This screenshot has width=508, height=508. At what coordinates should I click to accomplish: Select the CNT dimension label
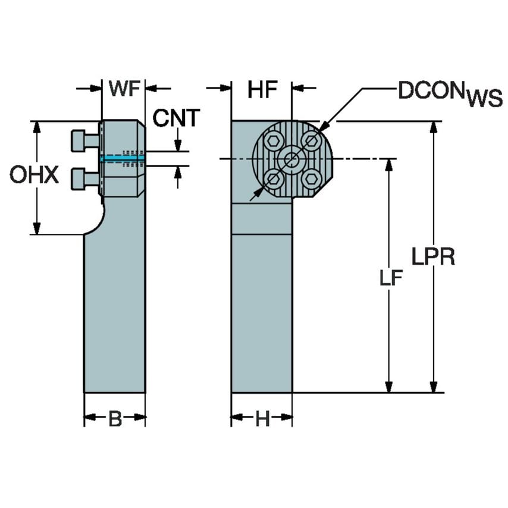click(176, 118)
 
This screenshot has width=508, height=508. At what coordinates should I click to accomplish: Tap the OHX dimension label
click(34, 175)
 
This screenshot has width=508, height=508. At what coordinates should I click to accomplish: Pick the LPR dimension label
click(434, 257)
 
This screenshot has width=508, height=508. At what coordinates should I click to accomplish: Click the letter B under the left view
click(115, 419)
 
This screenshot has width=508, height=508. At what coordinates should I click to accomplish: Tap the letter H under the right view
click(262, 419)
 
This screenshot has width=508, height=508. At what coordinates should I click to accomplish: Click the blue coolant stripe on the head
click(123, 158)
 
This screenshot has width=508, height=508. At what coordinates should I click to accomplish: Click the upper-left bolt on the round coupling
click(274, 141)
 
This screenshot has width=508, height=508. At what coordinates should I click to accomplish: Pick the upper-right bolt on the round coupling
click(311, 140)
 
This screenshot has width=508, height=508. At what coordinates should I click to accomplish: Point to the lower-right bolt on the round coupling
click(310, 177)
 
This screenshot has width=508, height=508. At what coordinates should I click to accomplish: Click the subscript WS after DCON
click(484, 99)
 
